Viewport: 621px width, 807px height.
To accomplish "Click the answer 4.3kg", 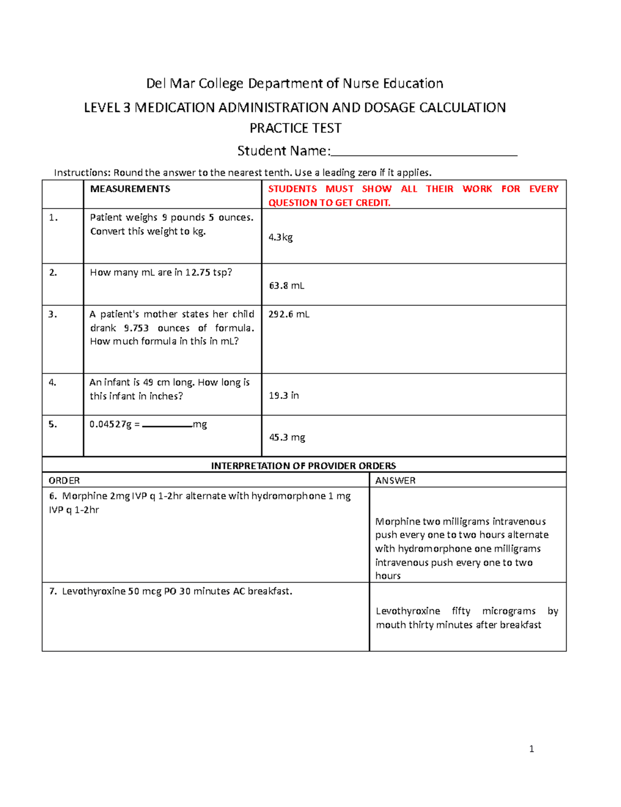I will point(280,237).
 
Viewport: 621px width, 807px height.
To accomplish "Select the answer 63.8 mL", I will point(287,286).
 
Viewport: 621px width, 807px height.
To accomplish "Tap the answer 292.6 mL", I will point(289,314).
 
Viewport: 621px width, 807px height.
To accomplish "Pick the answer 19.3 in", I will point(284,396).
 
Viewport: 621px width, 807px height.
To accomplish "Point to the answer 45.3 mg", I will point(287,438).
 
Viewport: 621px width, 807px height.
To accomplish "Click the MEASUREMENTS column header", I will point(130,189).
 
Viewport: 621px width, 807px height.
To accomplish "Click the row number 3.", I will point(52,314).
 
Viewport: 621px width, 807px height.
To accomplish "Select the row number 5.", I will point(52,424).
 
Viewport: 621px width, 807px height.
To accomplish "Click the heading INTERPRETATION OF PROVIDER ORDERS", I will point(303,466).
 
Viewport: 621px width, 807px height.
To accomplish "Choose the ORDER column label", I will point(64,481).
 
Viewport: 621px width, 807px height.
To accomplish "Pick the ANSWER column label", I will point(395,481).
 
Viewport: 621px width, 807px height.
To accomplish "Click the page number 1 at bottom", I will point(531,749).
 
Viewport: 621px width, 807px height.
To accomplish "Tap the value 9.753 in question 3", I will point(136,328).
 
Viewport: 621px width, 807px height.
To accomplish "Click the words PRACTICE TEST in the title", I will point(295,128).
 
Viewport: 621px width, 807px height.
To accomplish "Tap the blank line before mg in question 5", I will point(167,426).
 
